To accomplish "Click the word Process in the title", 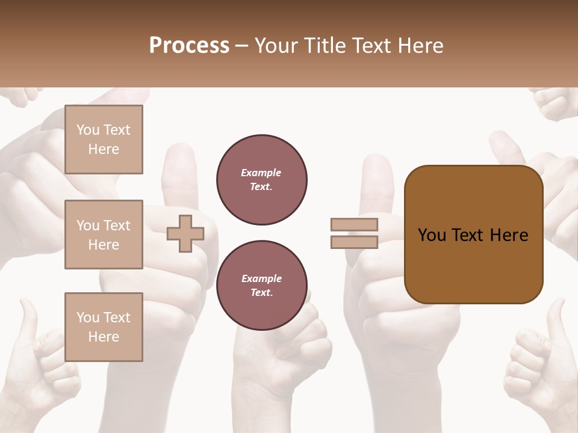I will click(189, 46).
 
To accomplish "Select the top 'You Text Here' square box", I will click(104, 140).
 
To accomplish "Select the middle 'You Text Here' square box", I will click(104, 235).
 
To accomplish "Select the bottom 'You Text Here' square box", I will click(104, 327).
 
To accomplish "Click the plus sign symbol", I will click(185, 233).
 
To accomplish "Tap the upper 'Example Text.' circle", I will click(262, 180).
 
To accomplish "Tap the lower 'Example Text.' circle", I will click(262, 286).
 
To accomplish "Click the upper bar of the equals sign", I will click(354, 224).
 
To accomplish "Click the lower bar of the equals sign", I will click(354, 242).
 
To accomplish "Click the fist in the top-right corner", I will click(554, 103).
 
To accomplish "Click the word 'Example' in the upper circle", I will click(261, 173).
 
